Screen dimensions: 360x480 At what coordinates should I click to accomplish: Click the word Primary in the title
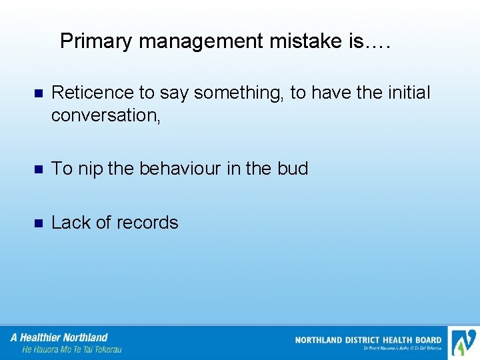click(97, 41)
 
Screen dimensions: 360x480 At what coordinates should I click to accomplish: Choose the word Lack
click(71, 223)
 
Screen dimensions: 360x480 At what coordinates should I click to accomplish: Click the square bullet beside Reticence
click(38, 93)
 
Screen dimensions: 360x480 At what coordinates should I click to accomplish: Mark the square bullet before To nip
click(38, 169)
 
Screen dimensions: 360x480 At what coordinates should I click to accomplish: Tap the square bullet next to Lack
click(38, 223)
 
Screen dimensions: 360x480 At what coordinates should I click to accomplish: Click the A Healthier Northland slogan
click(59, 337)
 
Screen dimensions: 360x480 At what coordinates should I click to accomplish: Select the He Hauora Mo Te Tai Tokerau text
click(72, 349)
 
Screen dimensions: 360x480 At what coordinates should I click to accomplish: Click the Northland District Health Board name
click(368, 340)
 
